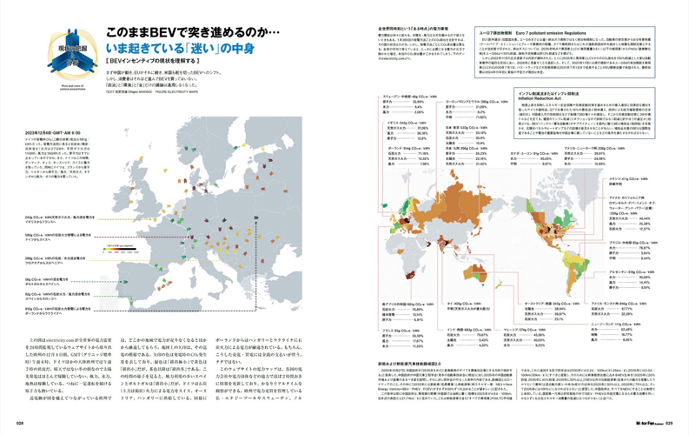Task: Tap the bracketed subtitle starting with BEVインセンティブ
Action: coord(151,63)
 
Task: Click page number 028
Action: coord(20,425)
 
